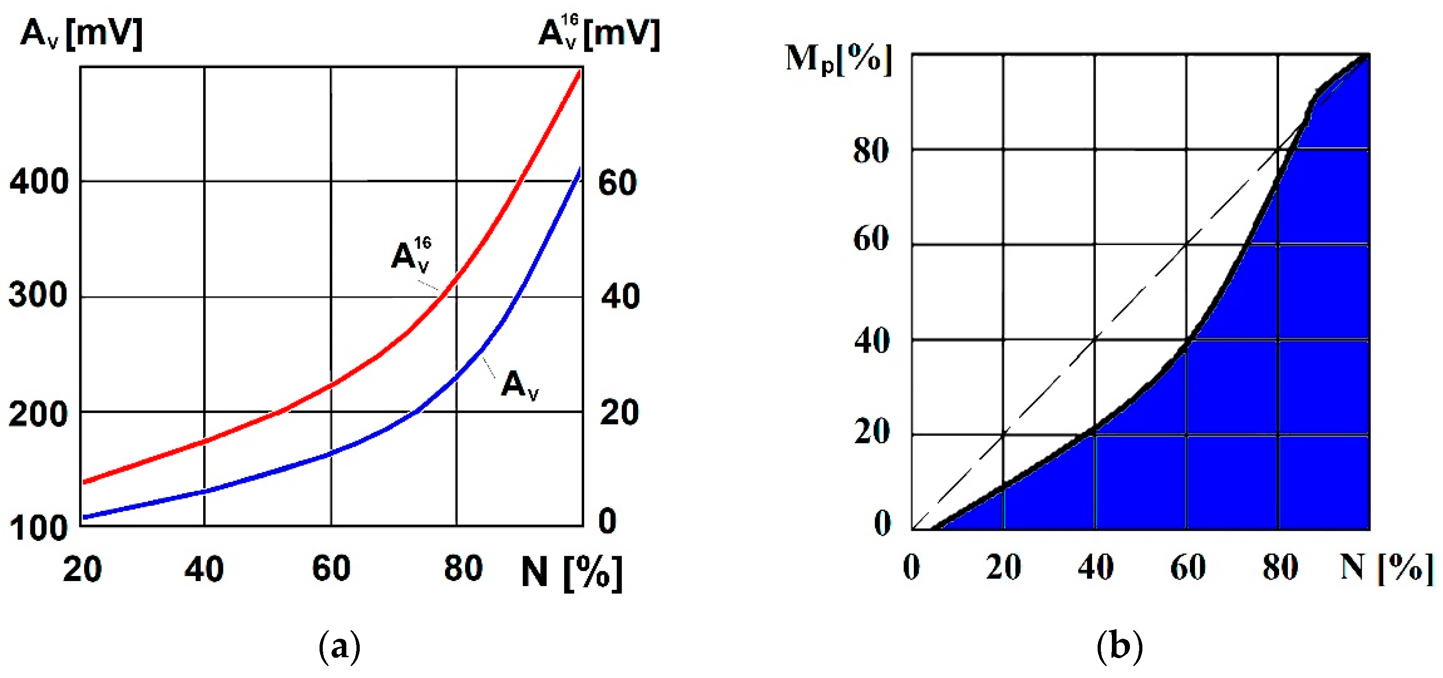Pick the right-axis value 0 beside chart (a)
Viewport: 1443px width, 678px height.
tap(607, 521)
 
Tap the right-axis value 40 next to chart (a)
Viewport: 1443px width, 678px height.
tap(620, 296)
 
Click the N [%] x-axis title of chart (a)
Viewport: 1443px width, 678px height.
tap(571, 572)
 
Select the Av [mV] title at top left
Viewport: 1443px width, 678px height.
tap(82, 34)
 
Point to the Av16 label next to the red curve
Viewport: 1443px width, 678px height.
tap(411, 255)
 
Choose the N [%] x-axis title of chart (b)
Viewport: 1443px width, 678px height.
tap(1386, 568)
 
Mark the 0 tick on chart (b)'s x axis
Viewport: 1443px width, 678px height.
tap(912, 567)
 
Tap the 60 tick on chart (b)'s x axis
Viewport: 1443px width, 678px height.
tap(1188, 567)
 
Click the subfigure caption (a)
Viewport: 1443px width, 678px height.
tap(339, 647)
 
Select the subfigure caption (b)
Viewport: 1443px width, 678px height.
tap(1119, 647)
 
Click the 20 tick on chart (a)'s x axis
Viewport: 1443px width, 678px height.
tap(82, 570)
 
